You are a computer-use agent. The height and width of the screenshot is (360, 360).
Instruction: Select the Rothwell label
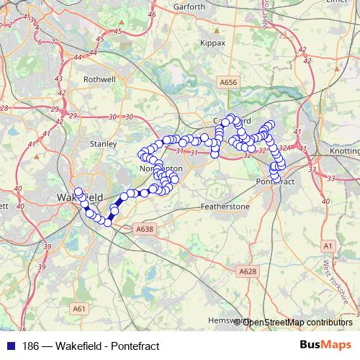pos(100,80)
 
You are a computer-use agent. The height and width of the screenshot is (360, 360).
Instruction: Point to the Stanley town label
pos(103,143)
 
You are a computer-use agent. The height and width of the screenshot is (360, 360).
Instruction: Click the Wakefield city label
pos(79,197)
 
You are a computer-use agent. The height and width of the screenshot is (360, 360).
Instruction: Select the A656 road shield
pos(229,84)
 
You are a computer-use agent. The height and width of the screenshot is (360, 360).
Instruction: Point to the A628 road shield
pos(247,271)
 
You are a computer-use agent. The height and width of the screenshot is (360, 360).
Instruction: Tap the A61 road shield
pos(79,309)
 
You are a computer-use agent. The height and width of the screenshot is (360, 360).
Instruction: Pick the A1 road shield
pos(328,246)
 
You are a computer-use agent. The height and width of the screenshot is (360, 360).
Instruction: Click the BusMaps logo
pos(325,345)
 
